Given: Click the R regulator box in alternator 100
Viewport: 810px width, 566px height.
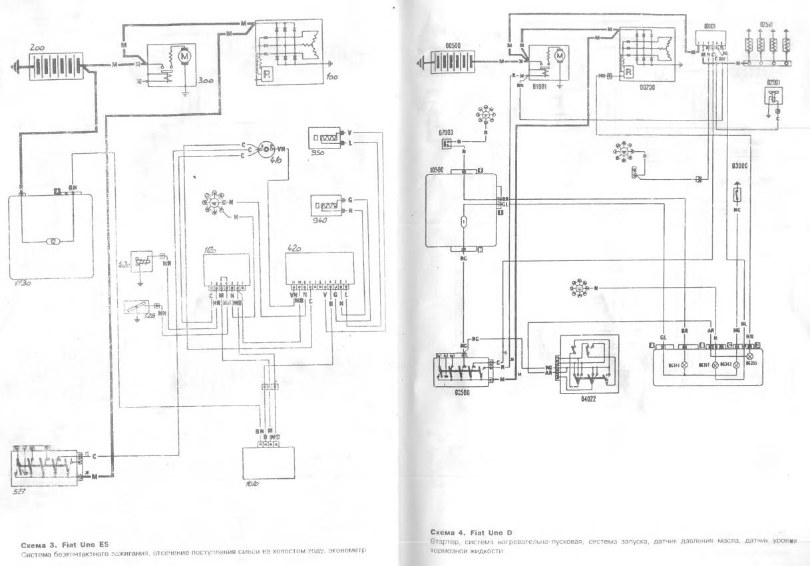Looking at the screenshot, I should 265,72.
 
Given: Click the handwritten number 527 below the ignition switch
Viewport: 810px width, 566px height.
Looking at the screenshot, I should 21,491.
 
